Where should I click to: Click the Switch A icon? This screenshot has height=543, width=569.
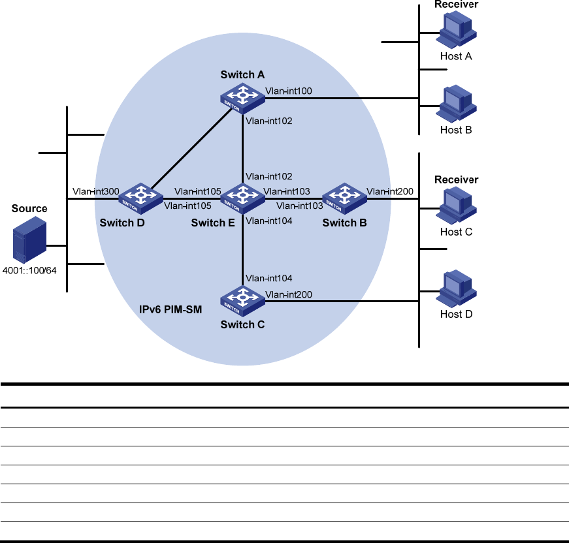242,96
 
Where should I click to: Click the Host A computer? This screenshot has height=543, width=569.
455,31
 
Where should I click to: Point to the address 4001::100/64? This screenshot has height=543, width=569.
29,270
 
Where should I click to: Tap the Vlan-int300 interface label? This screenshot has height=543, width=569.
95,191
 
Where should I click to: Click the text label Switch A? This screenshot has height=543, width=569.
242,74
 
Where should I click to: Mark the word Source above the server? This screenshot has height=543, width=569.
29,209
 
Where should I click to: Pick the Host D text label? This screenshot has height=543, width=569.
455,314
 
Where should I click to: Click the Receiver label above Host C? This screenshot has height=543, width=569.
457,179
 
